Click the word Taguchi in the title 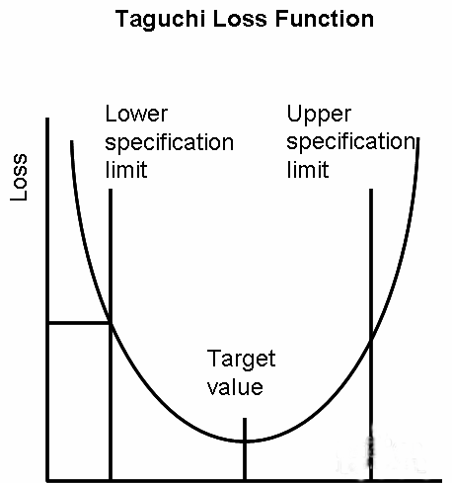(x=160, y=20)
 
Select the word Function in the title (x=324, y=19)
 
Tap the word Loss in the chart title (x=240, y=19)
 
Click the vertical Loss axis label (x=19, y=177)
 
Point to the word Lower (x=136, y=114)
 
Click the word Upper (x=319, y=115)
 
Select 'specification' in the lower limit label (x=169, y=142)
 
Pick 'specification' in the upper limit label (x=350, y=142)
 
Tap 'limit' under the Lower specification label (x=126, y=170)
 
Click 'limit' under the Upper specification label (x=308, y=170)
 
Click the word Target (x=241, y=359)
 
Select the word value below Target (x=235, y=387)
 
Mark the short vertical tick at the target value (x=245, y=448)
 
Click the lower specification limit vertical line (x=111, y=334)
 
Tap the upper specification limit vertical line (x=371, y=334)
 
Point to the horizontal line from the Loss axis (x=79, y=323)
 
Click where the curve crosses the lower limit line (x=111, y=324)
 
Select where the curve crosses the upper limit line (x=371, y=343)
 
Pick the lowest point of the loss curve (x=246, y=442)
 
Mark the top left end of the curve (x=72, y=141)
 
